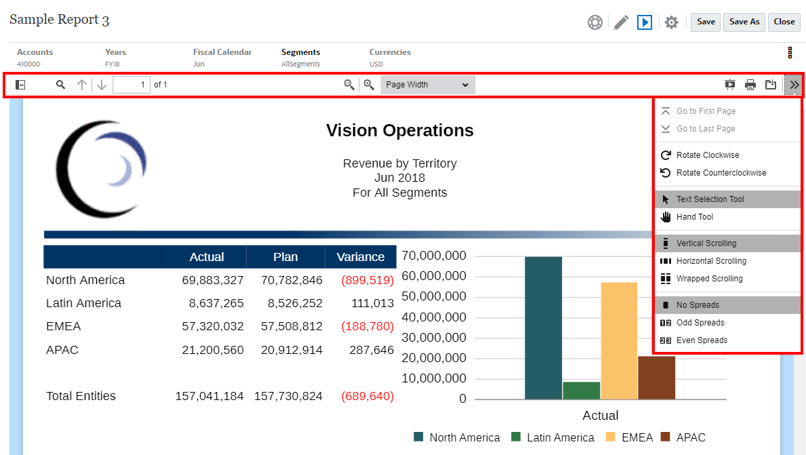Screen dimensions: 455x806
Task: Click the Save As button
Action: click(744, 22)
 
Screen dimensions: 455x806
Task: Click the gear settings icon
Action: click(671, 22)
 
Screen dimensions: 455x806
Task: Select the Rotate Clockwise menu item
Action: click(708, 155)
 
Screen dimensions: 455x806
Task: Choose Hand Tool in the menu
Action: click(694, 217)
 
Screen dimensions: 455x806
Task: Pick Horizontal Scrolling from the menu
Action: click(711, 261)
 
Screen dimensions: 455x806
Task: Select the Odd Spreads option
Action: click(700, 323)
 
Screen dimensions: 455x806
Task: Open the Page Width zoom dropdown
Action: click(428, 85)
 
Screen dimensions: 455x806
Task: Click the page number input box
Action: click(132, 85)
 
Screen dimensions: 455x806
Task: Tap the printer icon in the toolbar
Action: click(750, 85)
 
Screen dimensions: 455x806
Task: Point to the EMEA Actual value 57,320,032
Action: click(213, 326)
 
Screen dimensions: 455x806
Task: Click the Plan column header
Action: click(285, 257)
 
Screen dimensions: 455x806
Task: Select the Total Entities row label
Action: click(81, 396)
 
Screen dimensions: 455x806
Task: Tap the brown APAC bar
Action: click(656, 377)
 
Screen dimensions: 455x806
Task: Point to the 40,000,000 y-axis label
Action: click(434, 317)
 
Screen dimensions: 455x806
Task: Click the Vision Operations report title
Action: click(400, 131)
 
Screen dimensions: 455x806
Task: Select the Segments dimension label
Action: click(300, 52)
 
